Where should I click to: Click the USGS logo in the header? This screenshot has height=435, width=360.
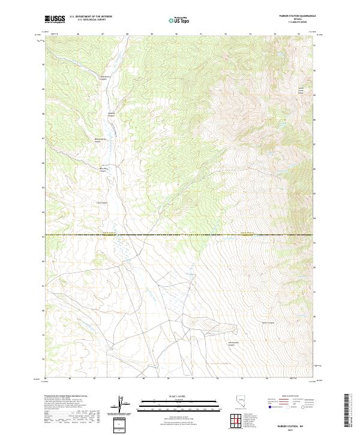click(55, 19)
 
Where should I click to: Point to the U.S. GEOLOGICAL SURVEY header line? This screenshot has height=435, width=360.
click(91, 20)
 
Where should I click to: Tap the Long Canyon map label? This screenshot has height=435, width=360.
click(102, 202)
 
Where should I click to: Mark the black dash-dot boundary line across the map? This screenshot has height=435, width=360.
click(180, 235)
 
